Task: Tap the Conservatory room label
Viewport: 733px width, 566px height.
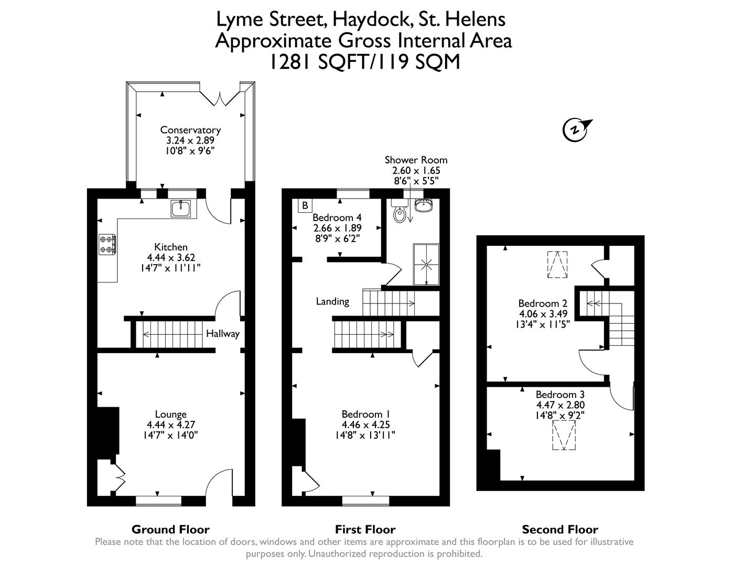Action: [x=190, y=130]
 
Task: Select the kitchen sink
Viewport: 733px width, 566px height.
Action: [x=182, y=209]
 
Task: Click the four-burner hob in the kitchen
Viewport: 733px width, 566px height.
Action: [x=107, y=244]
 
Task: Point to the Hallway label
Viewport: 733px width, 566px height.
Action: [x=222, y=334]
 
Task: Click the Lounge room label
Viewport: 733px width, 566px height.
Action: [x=170, y=414]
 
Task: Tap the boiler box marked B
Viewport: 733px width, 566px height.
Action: [x=305, y=205]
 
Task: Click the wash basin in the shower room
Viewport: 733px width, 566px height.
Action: [x=423, y=204]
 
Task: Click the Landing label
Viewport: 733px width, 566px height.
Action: [x=332, y=301]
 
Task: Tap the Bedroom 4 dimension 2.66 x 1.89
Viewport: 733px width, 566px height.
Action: [x=337, y=228]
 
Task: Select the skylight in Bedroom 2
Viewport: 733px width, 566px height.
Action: [x=557, y=265]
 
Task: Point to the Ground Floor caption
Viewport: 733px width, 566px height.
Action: [x=170, y=529]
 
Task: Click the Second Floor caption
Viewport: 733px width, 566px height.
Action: [x=560, y=529]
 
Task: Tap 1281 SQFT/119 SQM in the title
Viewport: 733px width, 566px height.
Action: [x=364, y=62]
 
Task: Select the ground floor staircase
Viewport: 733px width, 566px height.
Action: [x=173, y=334]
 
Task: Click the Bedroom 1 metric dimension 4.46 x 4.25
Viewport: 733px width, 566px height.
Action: [x=365, y=424]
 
